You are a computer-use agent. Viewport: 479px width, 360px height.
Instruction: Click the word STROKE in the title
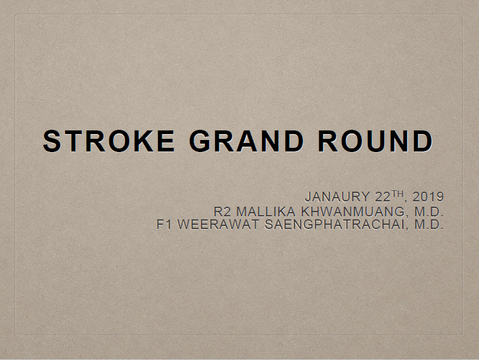[109, 141]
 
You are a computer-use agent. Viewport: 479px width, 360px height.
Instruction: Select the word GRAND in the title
[247, 141]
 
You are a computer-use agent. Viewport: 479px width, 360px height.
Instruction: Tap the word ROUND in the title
[376, 141]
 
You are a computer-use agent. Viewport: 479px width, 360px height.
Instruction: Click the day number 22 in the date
[383, 197]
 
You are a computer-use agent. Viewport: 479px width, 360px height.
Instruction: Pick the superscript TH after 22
[397, 194]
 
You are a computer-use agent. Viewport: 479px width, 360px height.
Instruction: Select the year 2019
[428, 197]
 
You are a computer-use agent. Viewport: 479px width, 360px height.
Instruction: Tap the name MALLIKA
[266, 212]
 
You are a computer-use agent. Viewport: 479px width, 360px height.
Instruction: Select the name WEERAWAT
[218, 224]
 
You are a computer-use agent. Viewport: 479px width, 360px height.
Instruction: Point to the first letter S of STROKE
[52, 141]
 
